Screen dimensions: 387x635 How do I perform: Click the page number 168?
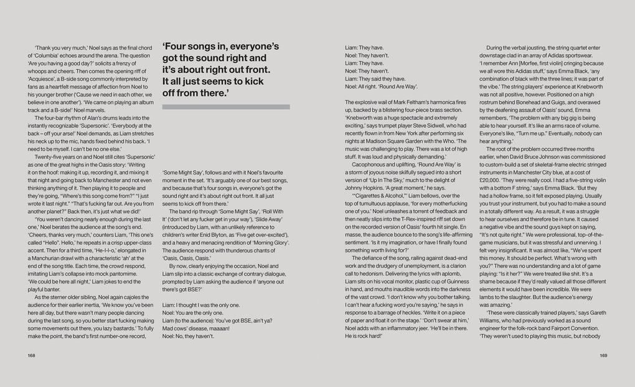pos(31,356)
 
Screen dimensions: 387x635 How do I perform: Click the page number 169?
pos(603,356)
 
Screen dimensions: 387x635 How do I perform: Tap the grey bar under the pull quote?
pos(226,107)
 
